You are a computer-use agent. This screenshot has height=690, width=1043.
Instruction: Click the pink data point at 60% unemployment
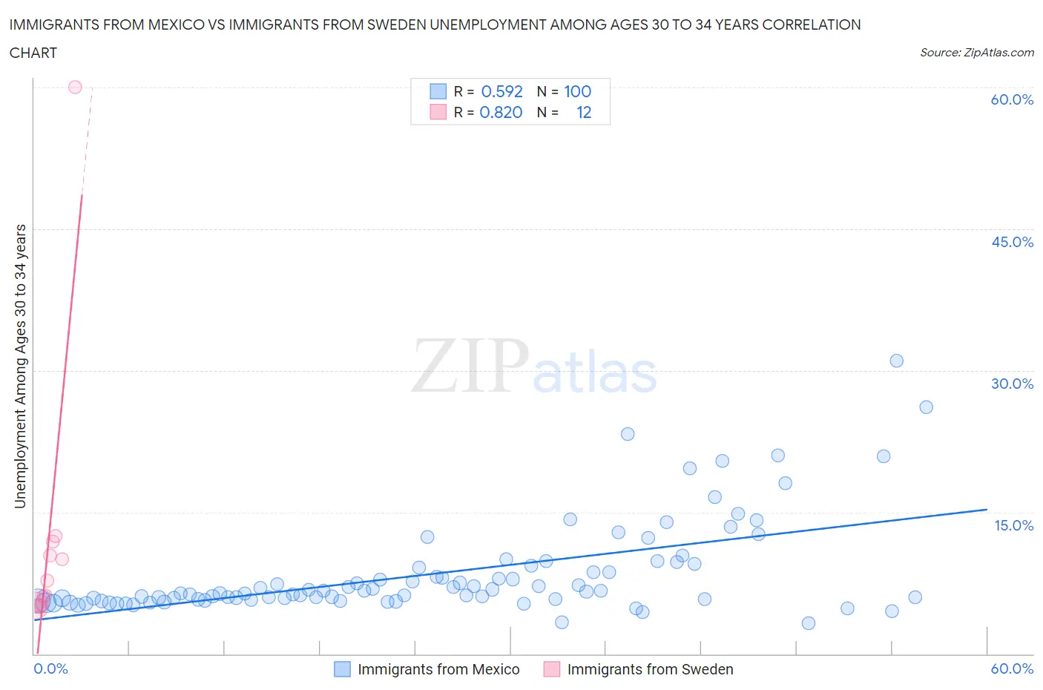point(75,87)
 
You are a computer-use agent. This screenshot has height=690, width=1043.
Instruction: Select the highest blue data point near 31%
point(896,361)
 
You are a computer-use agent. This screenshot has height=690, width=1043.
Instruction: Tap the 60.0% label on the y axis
point(1012,99)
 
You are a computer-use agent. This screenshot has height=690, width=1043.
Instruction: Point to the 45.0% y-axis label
point(1012,242)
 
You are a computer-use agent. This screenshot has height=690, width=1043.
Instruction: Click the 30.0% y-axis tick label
point(1012,384)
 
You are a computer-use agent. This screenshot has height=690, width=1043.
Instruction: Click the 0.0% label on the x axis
point(50,668)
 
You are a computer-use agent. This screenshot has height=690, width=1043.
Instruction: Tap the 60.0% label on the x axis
point(1012,668)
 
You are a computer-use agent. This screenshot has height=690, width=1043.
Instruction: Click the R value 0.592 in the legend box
point(501,91)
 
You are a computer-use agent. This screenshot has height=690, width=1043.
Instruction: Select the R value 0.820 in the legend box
point(501,112)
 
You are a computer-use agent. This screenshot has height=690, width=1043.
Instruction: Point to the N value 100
point(577,91)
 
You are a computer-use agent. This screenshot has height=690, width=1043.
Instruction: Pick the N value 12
point(584,112)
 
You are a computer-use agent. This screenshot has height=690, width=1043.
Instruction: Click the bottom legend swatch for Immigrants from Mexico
point(342,669)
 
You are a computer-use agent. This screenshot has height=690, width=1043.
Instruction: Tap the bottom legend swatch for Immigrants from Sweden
point(551,669)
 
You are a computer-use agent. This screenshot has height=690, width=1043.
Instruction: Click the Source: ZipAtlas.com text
point(976,52)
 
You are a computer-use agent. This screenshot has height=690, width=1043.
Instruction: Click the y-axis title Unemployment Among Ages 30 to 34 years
point(20,366)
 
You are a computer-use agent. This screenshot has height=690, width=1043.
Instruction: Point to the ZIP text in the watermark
point(470,366)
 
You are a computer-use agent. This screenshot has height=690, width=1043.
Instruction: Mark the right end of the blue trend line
point(987,510)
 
